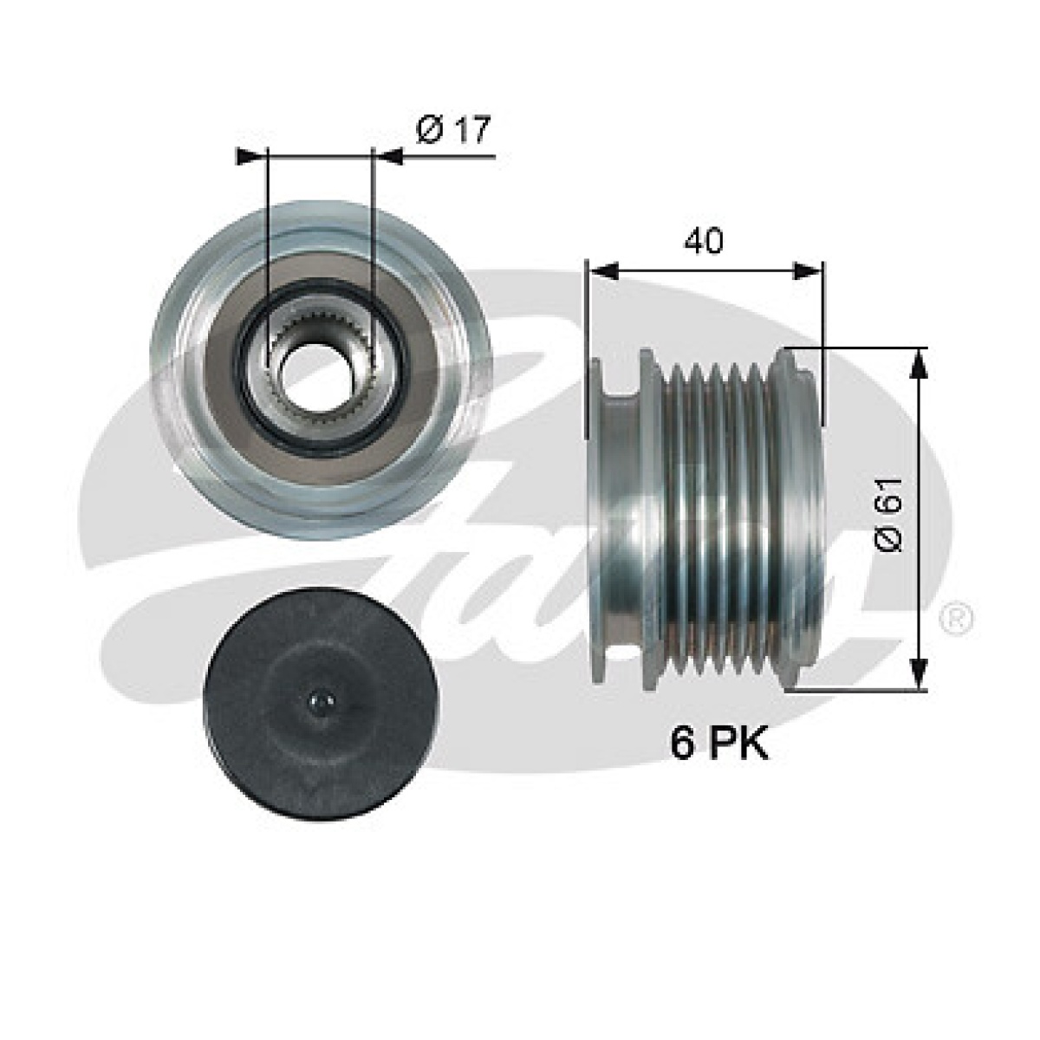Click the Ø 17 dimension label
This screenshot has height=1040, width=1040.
pos(453,130)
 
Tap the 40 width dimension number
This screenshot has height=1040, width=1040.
pos(703,241)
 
